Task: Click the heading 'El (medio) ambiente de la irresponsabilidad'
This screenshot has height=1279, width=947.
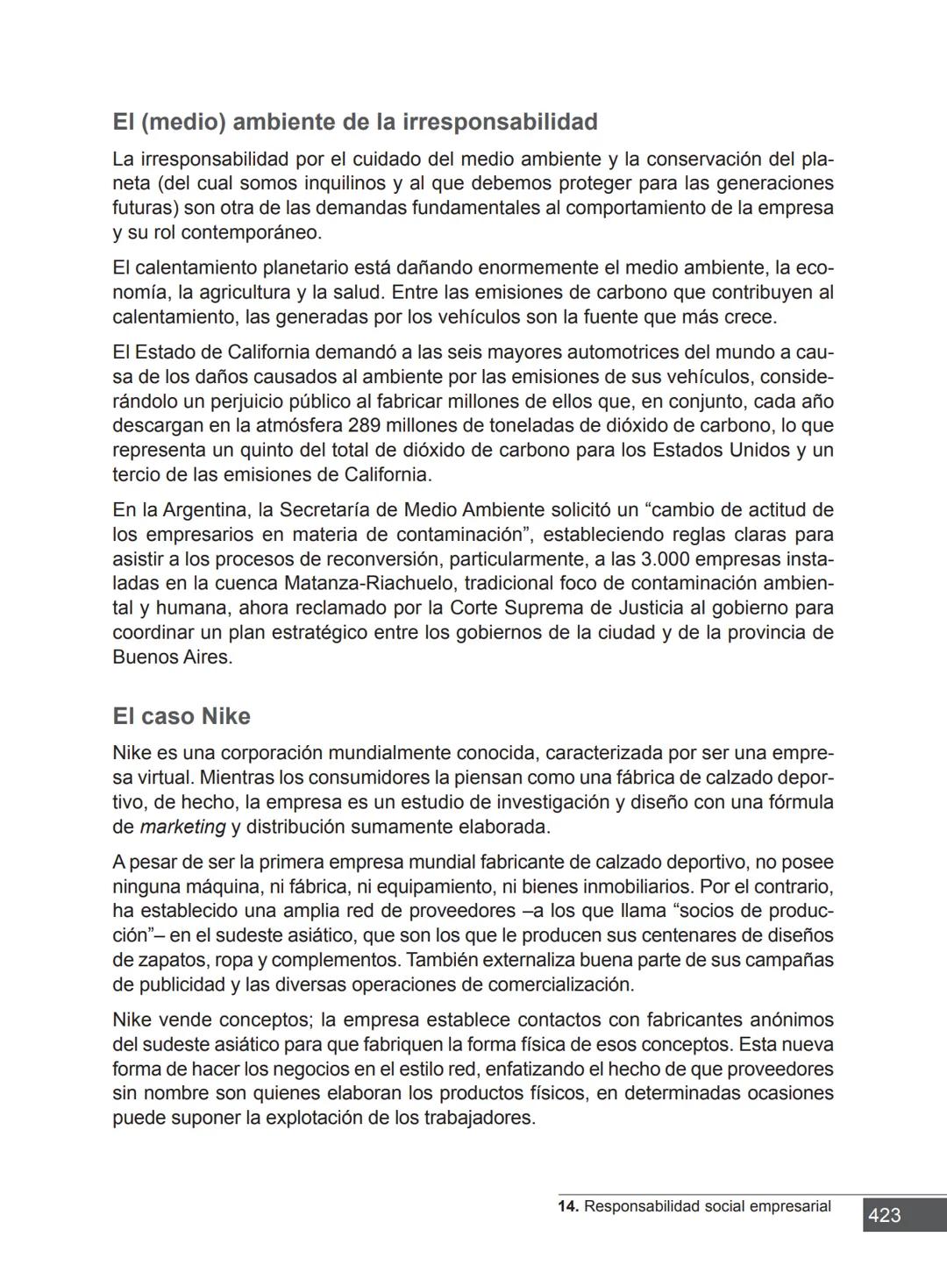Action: tap(354, 122)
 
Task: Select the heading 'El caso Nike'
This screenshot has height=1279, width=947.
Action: tap(182, 717)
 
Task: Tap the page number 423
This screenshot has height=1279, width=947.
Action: tap(884, 1215)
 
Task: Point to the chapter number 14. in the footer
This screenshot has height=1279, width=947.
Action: tap(567, 1207)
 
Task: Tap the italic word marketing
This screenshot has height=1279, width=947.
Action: tap(182, 828)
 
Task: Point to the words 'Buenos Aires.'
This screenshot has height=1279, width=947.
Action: tap(173, 657)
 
